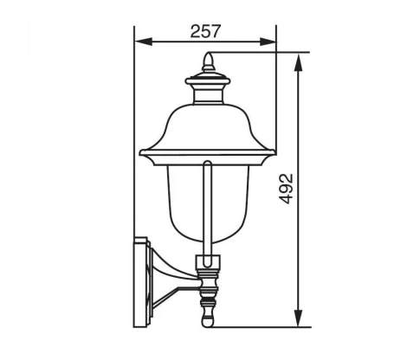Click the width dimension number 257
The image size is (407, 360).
pos(204,30)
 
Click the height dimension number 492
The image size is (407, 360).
pos(287,189)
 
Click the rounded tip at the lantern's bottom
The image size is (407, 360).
pos(207,323)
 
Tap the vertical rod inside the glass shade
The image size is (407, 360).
pos(207,208)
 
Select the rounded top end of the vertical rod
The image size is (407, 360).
pos(207,164)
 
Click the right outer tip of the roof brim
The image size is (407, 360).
pos(274,155)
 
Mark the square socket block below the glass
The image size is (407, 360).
pos(207,261)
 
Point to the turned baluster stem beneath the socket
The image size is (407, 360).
pos(207,294)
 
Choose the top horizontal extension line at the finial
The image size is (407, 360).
pos(260,54)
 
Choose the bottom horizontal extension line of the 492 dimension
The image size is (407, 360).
pos(260,326)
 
